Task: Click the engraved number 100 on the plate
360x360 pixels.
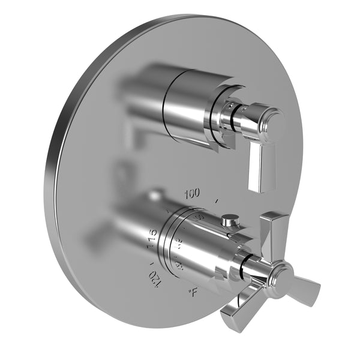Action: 192,193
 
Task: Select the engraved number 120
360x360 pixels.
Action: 155,278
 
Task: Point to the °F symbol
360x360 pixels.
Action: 193,293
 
